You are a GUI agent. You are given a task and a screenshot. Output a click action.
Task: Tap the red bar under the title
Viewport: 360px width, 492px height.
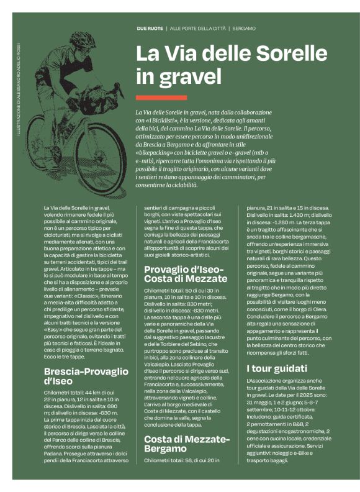[x=161, y=98]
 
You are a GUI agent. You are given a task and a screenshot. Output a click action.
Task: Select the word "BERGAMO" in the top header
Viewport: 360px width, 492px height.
[x=245, y=29]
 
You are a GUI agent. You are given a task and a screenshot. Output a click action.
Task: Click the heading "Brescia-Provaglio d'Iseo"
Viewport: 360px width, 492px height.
[x=86, y=378]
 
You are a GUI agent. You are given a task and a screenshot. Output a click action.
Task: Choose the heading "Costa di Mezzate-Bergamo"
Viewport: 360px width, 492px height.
[x=187, y=444]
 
